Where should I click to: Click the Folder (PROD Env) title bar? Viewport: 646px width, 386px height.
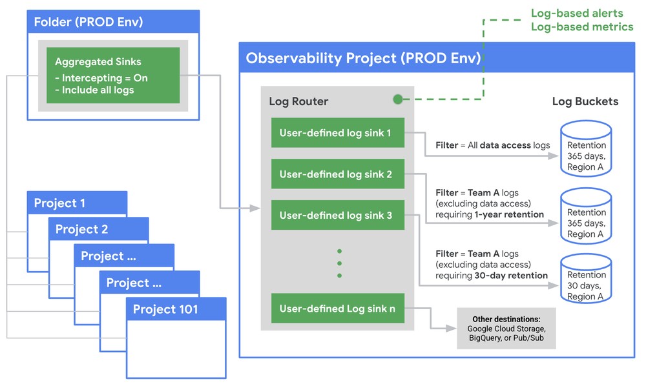(114, 22)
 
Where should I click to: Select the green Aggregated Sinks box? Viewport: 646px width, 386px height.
(113, 75)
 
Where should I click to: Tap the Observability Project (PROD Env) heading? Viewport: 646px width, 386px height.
(363, 58)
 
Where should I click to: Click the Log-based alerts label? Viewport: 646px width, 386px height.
(577, 13)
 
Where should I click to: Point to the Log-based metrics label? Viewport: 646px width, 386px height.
(581, 26)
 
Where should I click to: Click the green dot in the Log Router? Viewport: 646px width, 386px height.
(398, 99)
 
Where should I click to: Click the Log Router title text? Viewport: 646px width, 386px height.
(298, 101)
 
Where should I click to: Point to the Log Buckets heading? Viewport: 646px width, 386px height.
(585, 101)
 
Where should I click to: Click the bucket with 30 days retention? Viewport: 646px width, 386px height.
(586, 280)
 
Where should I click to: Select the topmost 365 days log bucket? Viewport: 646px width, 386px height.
(586, 150)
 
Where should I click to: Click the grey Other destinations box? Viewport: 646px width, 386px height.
(506, 328)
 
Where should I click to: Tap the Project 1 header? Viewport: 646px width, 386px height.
(77, 203)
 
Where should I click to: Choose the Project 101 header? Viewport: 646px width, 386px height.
(176, 309)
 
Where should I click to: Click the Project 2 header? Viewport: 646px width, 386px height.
(98, 229)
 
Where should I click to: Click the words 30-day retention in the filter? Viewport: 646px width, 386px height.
(510, 276)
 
